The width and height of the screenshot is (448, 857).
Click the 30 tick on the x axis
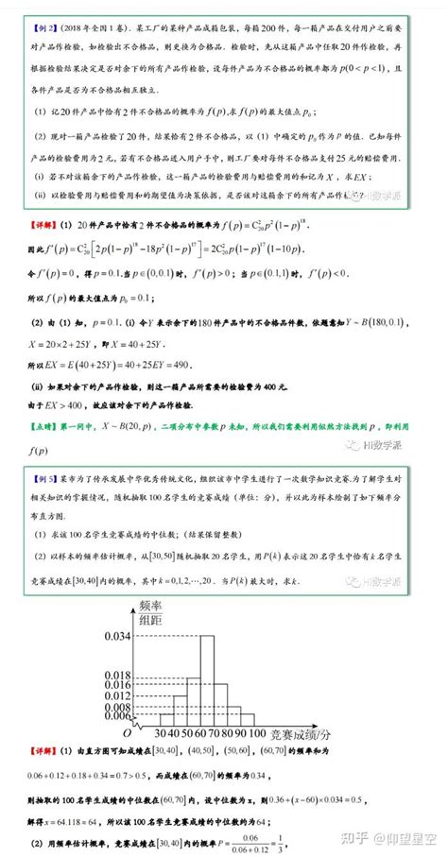pos(156,732)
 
